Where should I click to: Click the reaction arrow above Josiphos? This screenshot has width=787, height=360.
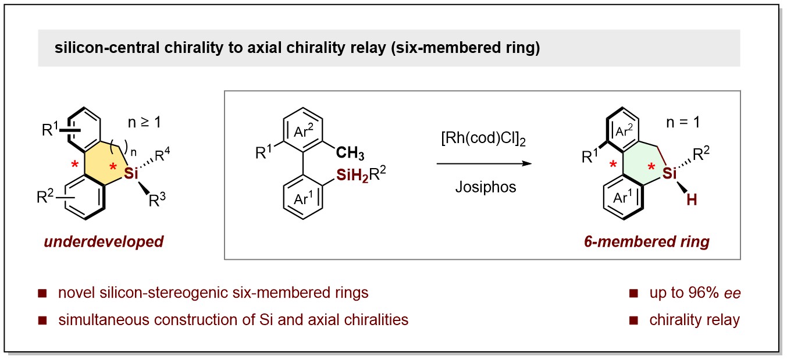(x=484, y=164)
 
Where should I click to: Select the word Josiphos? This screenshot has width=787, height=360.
(x=483, y=186)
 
